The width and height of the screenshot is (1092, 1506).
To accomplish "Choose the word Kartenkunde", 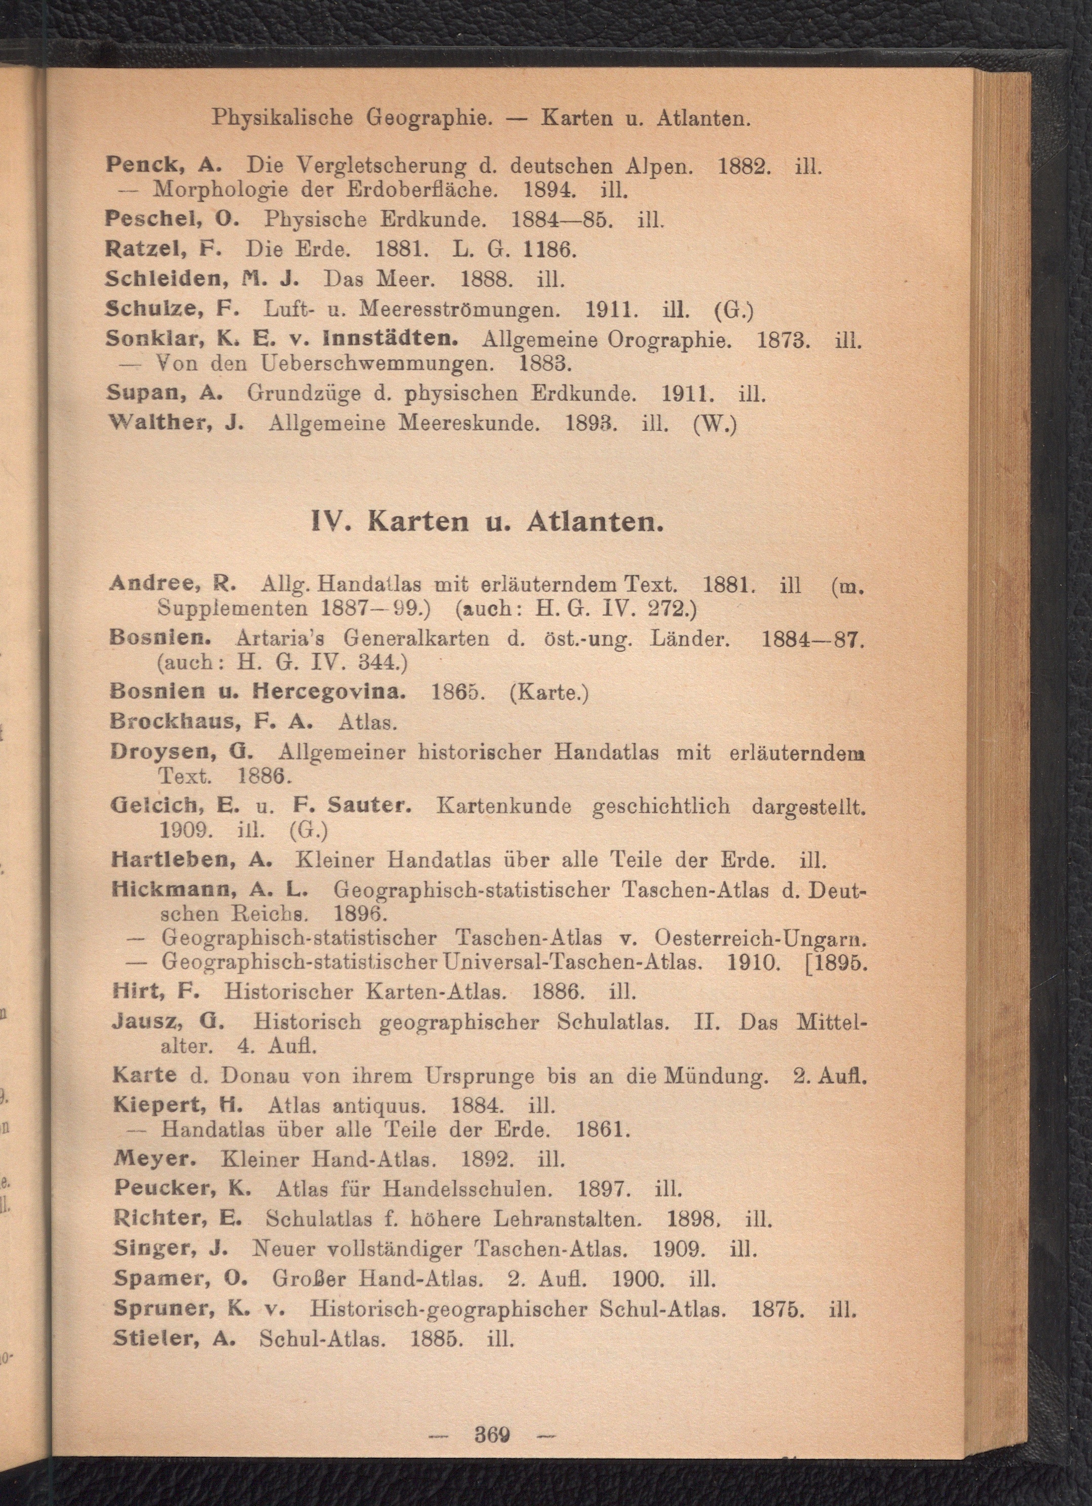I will click(504, 806).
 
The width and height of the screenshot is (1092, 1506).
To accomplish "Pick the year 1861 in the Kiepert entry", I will click(601, 1129).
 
